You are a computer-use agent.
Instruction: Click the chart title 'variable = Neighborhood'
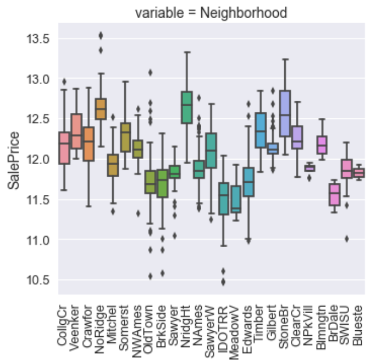point(212,12)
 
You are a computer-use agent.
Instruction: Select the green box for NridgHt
point(186,107)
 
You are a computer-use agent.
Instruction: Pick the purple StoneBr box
point(285,113)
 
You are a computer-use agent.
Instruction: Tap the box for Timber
point(260,130)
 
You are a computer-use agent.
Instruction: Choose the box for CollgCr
point(64,148)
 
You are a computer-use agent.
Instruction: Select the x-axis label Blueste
point(358,325)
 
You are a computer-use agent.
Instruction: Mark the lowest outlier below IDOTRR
point(223,282)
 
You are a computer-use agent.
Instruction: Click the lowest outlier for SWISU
point(346,238)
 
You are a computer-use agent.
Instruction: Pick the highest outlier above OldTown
point(150,72)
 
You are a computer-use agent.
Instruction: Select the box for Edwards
point(248,182)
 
